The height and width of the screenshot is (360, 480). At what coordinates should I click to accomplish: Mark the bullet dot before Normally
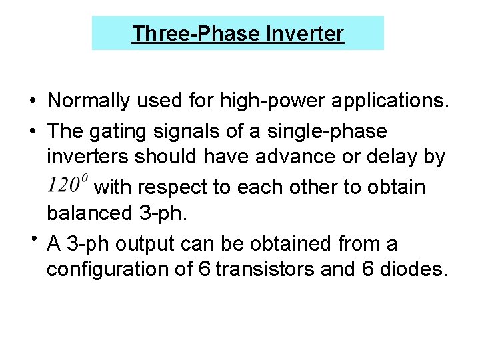coord(32,101)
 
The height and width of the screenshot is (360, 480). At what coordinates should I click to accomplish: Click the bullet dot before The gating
coord(32,130)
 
